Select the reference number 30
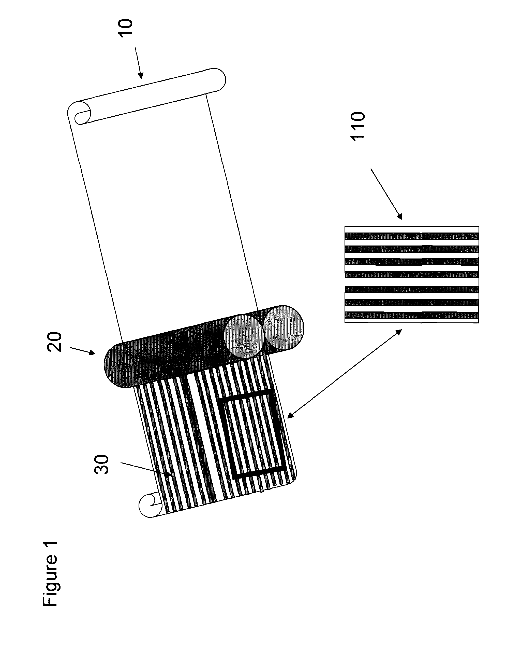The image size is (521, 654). [101, 465]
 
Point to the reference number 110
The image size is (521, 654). [358, 126]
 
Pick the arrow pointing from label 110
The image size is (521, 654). [386, 194]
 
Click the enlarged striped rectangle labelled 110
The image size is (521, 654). [412, 275]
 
